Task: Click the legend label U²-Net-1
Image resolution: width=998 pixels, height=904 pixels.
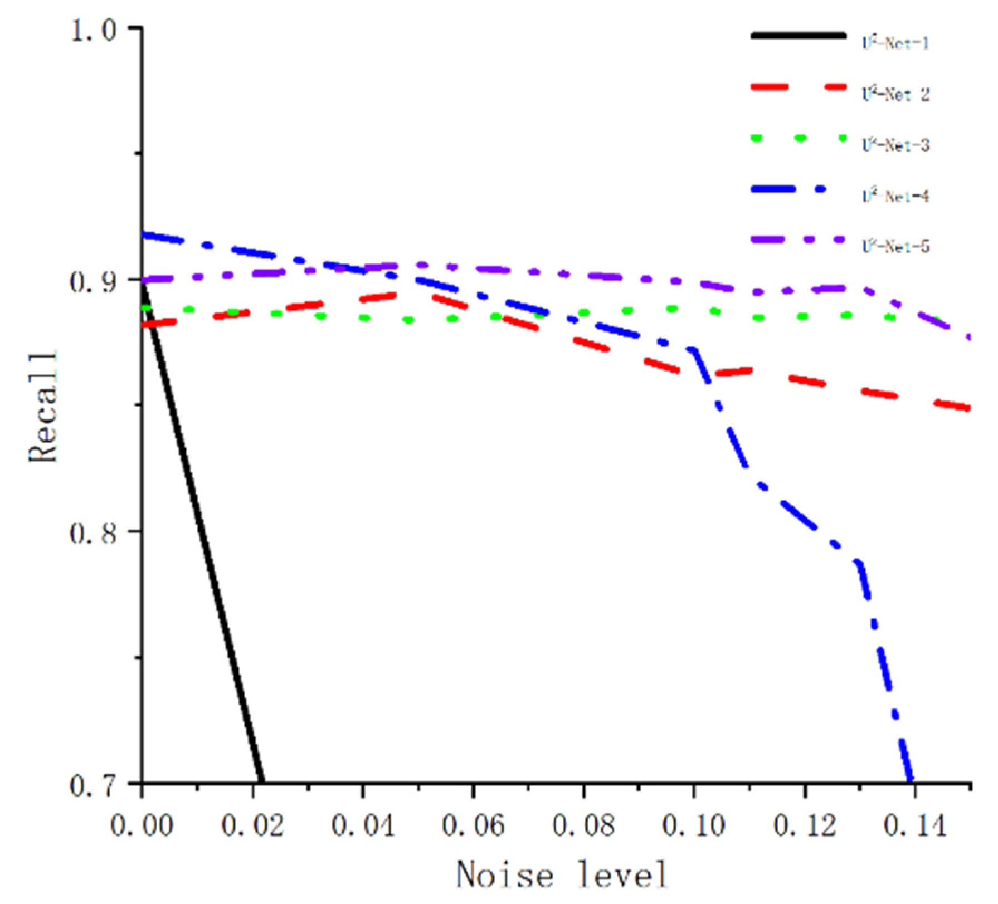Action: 895,43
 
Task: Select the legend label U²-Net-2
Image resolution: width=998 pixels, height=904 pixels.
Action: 895,94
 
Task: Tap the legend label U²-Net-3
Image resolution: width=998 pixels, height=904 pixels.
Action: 895,145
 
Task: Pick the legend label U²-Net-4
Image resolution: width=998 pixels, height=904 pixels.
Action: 895,196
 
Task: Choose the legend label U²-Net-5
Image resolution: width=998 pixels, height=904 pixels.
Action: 895,246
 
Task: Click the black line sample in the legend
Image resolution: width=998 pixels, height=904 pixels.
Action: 798,36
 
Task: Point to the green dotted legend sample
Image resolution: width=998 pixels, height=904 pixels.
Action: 798,138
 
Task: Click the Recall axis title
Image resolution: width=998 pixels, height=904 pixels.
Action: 43,407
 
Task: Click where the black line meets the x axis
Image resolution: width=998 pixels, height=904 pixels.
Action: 261,781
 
